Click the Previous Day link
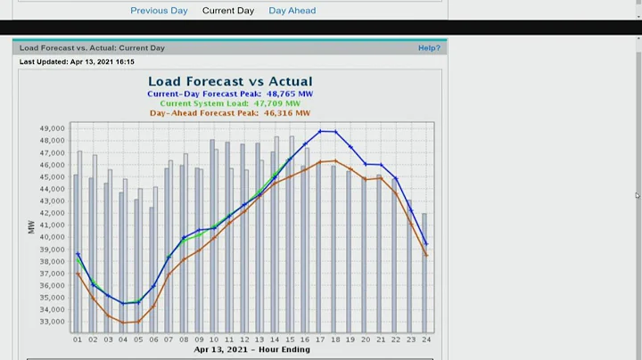[x=159, y=11]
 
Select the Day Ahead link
[x=292, y=11]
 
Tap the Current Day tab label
[x=228, y=11]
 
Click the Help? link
[x=429, y=47]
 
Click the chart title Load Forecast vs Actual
[x=230, y=81]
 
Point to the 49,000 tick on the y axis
[x=53, y=128]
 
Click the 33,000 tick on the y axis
[x=53, y=322]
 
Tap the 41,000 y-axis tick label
[x=53, y=225]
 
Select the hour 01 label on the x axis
[x=78, y=340]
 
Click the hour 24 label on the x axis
[x=426, y=340]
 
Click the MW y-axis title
[x=32, y=227]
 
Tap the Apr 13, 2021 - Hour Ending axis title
[x=252, y=349]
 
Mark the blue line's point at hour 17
[x=320, y=131]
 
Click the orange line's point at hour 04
[x=123, y=323]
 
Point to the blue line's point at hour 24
[x=426, y=243]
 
